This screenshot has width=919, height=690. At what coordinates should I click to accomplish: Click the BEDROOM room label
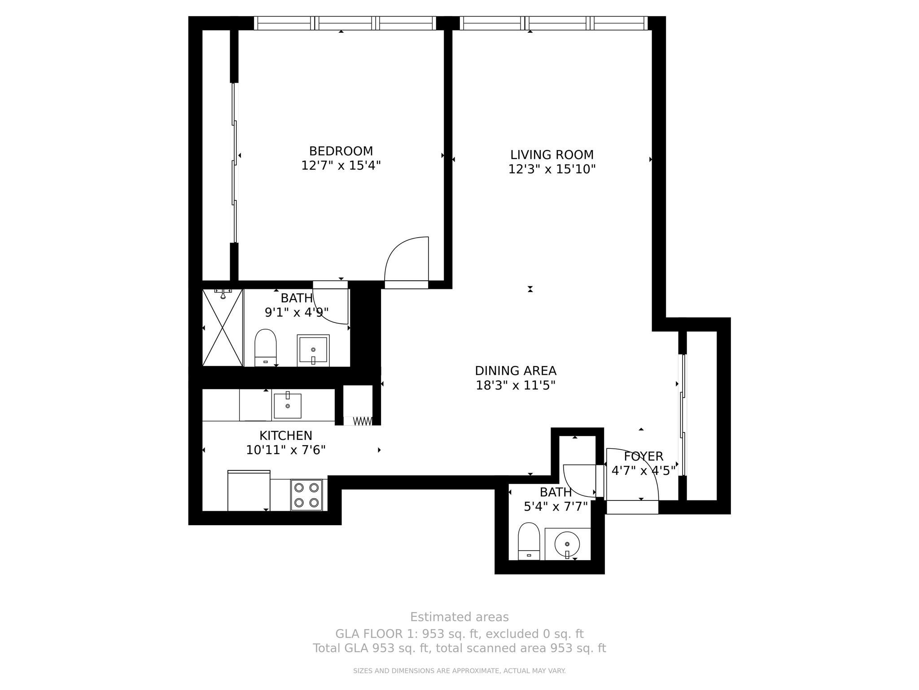coord(341,151)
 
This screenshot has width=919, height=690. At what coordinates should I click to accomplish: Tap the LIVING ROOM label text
coord(551,155)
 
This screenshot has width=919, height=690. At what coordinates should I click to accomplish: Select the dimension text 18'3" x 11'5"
coord(516,385)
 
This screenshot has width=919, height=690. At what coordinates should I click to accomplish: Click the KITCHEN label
coord(286,435)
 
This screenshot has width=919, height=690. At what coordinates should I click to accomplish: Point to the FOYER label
coord(643,456)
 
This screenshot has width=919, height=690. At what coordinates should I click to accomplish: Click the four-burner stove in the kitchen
coord(306,495)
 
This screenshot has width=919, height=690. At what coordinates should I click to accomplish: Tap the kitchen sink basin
coord(288,406)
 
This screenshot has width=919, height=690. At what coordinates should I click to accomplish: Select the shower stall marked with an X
coord(223,327)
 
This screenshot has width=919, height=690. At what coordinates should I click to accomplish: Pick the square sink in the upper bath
coord(313,350)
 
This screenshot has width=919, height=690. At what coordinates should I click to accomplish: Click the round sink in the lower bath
coord(567,544)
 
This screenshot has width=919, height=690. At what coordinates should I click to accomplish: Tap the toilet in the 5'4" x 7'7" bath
coord(529,540)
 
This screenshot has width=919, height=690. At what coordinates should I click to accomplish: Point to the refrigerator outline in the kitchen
coord(249,491)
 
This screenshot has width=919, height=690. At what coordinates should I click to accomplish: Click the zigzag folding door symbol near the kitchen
coord(363,421)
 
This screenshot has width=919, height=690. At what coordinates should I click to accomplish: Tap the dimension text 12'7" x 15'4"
coord(341,166)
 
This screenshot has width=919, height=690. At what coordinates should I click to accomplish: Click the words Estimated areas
coord(459,617)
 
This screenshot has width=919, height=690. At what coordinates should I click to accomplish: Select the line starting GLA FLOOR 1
coord(459,634)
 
